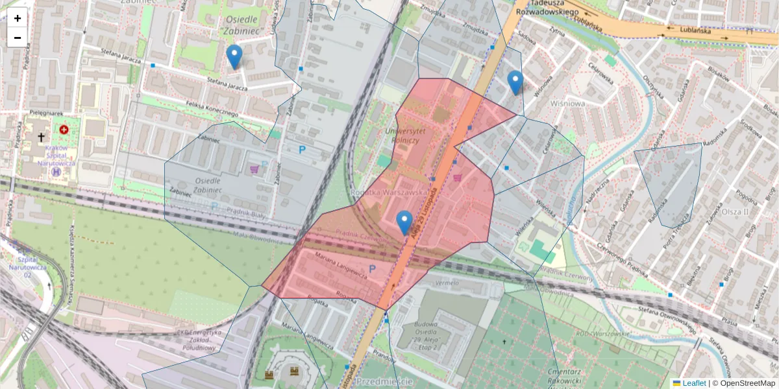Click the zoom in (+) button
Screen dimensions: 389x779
pos(18,18)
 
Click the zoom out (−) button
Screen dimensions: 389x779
pos(18,37)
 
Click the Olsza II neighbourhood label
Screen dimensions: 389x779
pos(736,211)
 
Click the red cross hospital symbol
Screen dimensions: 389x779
pos(64,130)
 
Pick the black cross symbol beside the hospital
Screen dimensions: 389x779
pos(42,137)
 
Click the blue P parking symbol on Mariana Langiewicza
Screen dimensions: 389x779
pos(373,268)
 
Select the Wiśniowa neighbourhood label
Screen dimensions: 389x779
pos(567,103)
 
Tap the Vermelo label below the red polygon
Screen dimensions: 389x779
pos(447,283)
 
